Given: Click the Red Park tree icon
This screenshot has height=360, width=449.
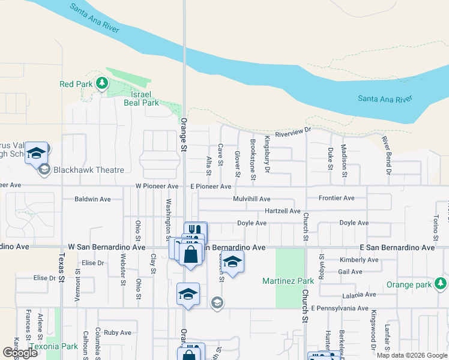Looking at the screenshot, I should pos(102,83).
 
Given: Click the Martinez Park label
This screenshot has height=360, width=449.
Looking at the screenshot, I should pos(288,281).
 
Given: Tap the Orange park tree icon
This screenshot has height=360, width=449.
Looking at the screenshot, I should pos(441,283).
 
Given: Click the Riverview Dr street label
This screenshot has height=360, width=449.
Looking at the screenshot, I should pos(294,131).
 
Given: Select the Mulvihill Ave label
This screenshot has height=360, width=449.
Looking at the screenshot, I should pos(252,199).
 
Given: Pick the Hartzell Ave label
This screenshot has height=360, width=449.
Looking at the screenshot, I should pos(282,211).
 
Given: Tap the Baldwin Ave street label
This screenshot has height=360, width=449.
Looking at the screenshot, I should pos(92,199).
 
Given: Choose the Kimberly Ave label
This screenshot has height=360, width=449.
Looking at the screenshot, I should pos(359,260).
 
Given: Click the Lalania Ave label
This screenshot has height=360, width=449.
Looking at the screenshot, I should pos(358,295).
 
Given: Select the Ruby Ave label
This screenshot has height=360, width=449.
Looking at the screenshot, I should pos(117,332).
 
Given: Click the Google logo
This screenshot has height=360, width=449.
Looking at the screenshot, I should pos(20,353).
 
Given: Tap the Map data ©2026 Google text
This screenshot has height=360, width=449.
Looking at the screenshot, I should pos(411,355).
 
